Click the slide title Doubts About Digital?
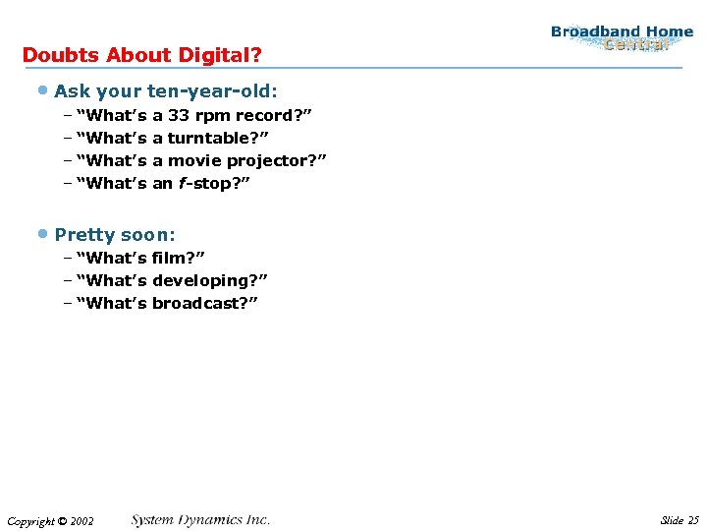click(141, 55)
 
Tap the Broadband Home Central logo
click(622, 38)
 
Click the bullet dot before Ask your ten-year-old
click(43, 90)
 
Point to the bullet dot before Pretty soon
click(43, 233)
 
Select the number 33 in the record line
click(180, 115)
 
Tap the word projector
click(274, 160)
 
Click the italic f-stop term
click(208, 183)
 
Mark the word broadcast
click(199, 303)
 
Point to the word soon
click(148, 235)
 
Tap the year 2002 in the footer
click(82, 521)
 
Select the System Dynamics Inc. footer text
click(200, 520)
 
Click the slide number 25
click(693, 520)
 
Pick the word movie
click(202, 160)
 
